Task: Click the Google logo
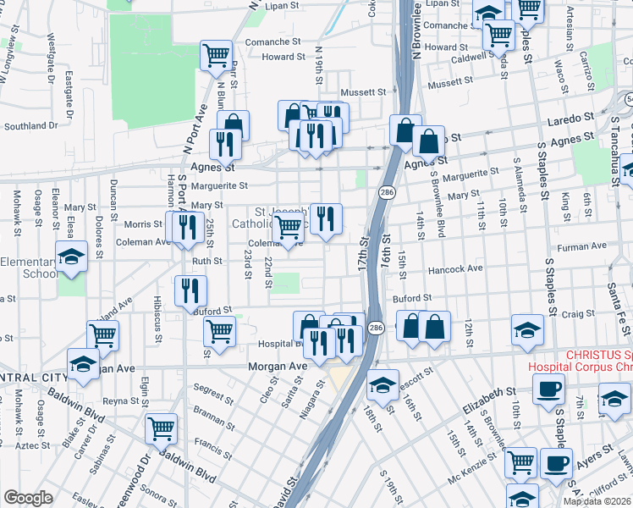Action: [x=28, y=498]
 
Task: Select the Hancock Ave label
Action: [x=455, y=268]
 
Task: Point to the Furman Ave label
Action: [x=587, y=246]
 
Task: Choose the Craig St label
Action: [x=578, y=314]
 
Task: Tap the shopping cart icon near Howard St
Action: [x=216, y=56]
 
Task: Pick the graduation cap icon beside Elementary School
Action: [x=73, y=257]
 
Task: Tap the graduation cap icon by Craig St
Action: [x=527, y=331]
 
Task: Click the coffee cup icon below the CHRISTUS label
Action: [x=548, y=390]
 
